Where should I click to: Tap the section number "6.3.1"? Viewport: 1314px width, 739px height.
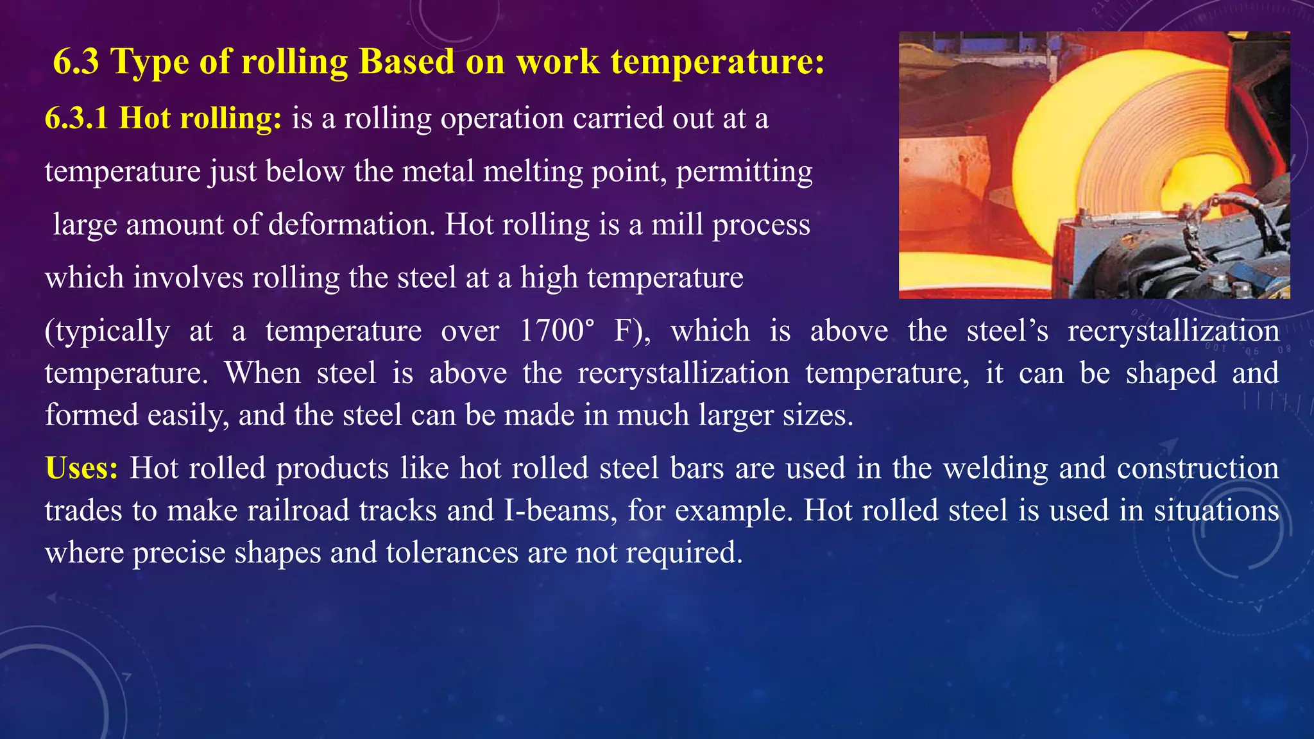tap(76, 119)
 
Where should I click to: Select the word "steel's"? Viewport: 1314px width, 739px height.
tap(1007, 331)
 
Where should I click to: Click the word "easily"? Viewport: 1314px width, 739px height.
tap(188, 416)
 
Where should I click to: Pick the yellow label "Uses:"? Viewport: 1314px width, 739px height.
tap(81, 468)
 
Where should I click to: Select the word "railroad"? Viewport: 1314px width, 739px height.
tap(297, 511)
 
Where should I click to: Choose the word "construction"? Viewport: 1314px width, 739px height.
tap(1198, 468)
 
